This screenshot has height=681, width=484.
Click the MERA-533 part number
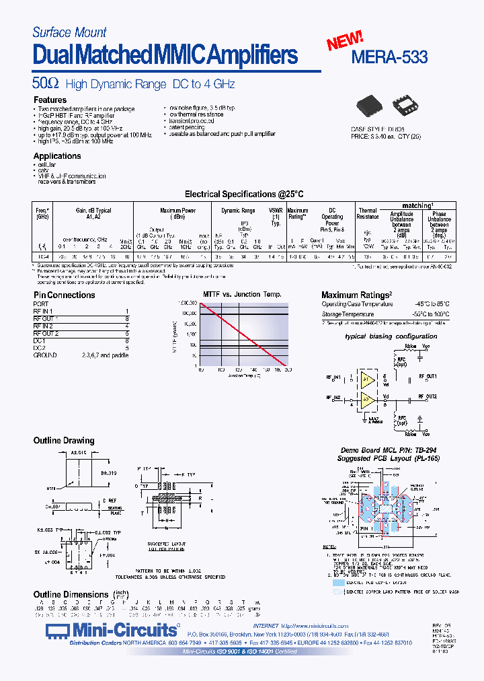390,57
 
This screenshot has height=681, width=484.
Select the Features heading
50,100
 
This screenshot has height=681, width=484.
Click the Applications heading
57,155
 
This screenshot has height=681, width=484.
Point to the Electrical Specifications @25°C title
244,194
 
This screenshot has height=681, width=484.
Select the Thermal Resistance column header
368,214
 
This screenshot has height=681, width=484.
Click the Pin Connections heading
65,295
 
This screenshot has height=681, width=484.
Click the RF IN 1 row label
44,311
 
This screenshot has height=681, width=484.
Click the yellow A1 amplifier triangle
367,378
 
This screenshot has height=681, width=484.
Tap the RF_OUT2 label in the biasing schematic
428,397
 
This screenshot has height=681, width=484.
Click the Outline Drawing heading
64,441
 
